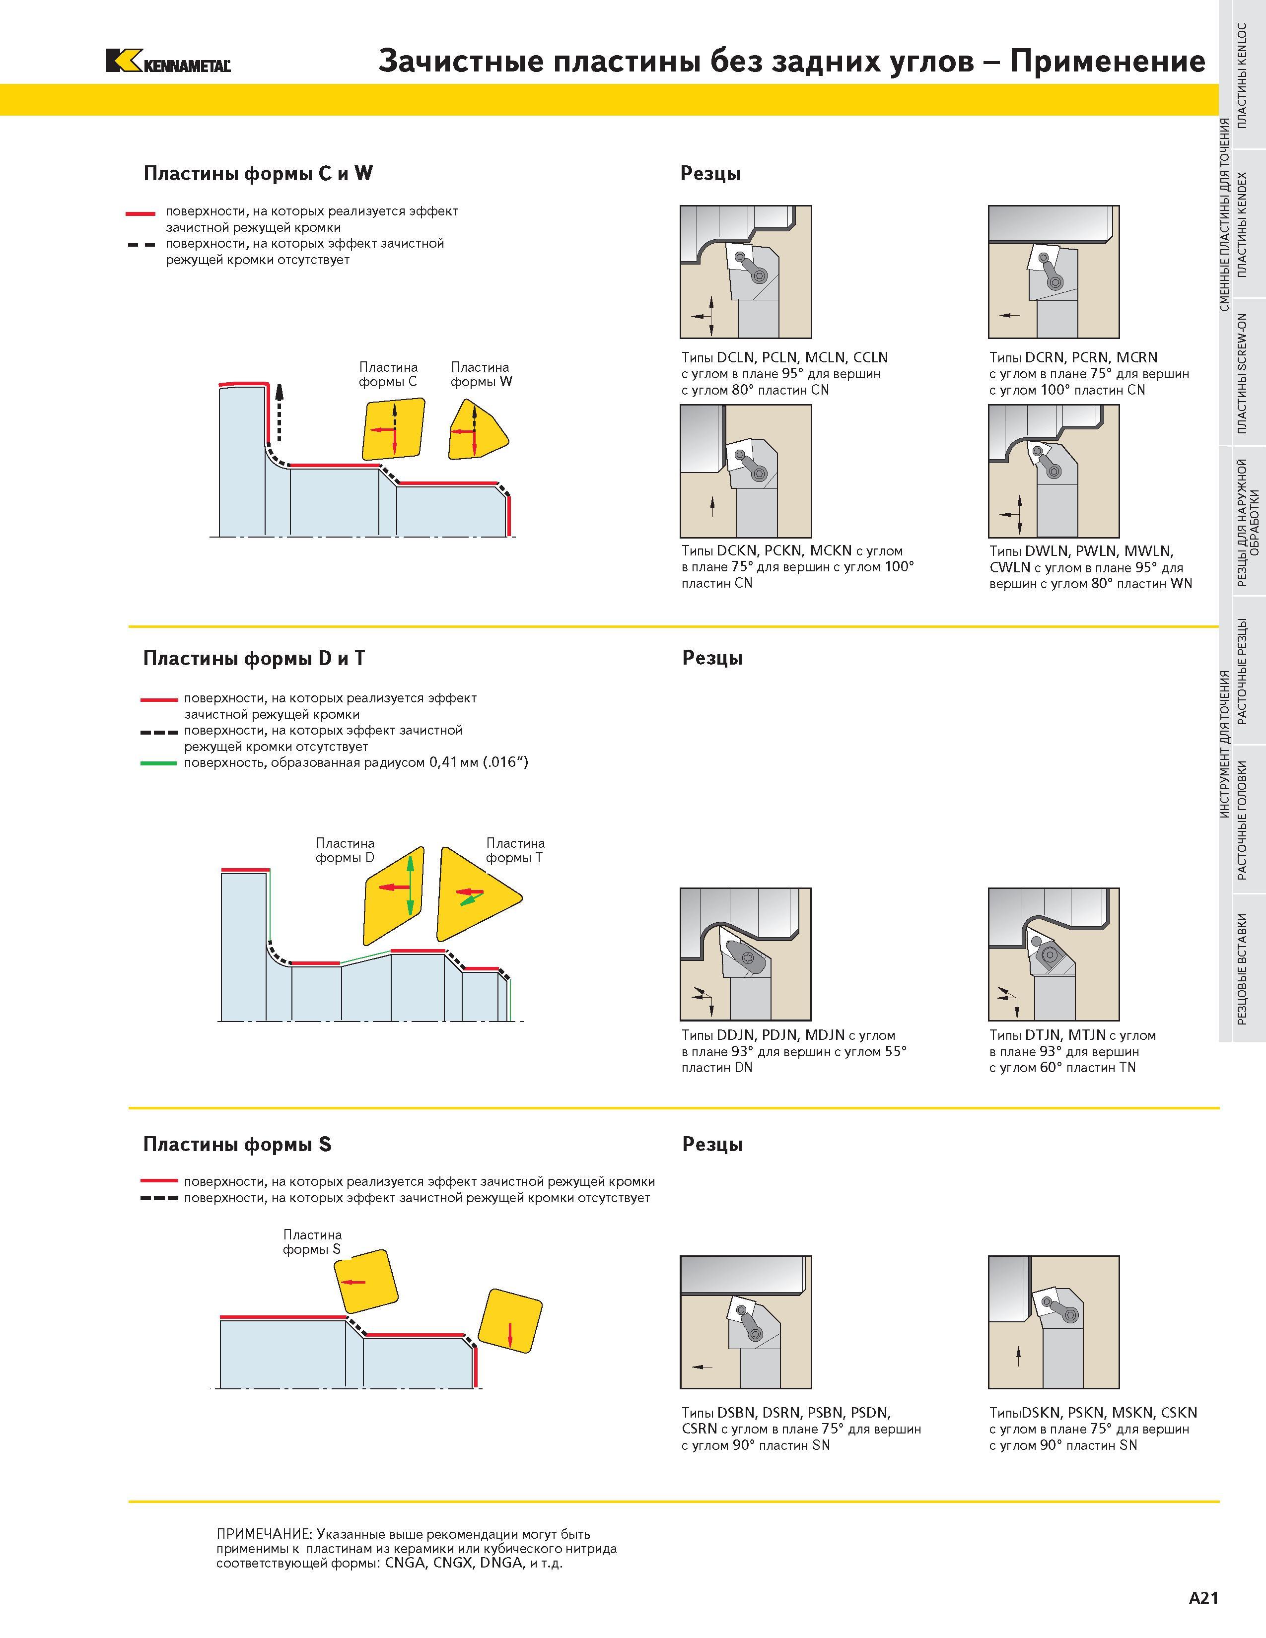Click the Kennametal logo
click(168, 61)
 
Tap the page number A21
click(1204, 1598)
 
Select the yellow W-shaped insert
click(477, 430)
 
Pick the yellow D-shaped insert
click(394, 895)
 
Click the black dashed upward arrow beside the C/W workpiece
click(279, 412)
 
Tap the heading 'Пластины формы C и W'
click(258, 173)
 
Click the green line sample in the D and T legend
click(159, 763)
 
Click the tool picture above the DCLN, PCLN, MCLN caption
click(746, 272)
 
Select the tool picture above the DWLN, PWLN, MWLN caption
click(1054, 471)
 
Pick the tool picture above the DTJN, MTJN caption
click(1054, 954)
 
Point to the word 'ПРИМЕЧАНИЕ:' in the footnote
click(264, 1534)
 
